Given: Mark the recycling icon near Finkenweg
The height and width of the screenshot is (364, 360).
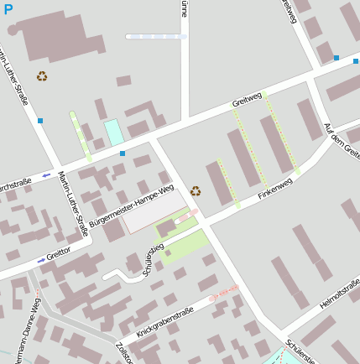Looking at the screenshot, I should click(196, 190).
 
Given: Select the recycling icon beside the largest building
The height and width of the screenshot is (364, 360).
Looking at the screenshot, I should click(42, 76).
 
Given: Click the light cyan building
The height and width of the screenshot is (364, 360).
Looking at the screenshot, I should click(113, 133).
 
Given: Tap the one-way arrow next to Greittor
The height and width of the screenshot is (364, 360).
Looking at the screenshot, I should click(41, 260).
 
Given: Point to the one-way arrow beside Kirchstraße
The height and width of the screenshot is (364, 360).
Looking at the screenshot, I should click(46, 175).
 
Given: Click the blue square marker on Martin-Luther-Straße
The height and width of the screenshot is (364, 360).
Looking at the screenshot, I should click(40, 121).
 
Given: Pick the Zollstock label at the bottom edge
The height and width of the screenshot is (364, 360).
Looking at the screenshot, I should click(123, 352).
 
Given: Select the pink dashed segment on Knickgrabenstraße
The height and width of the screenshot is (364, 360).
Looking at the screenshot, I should click(223, 292).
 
